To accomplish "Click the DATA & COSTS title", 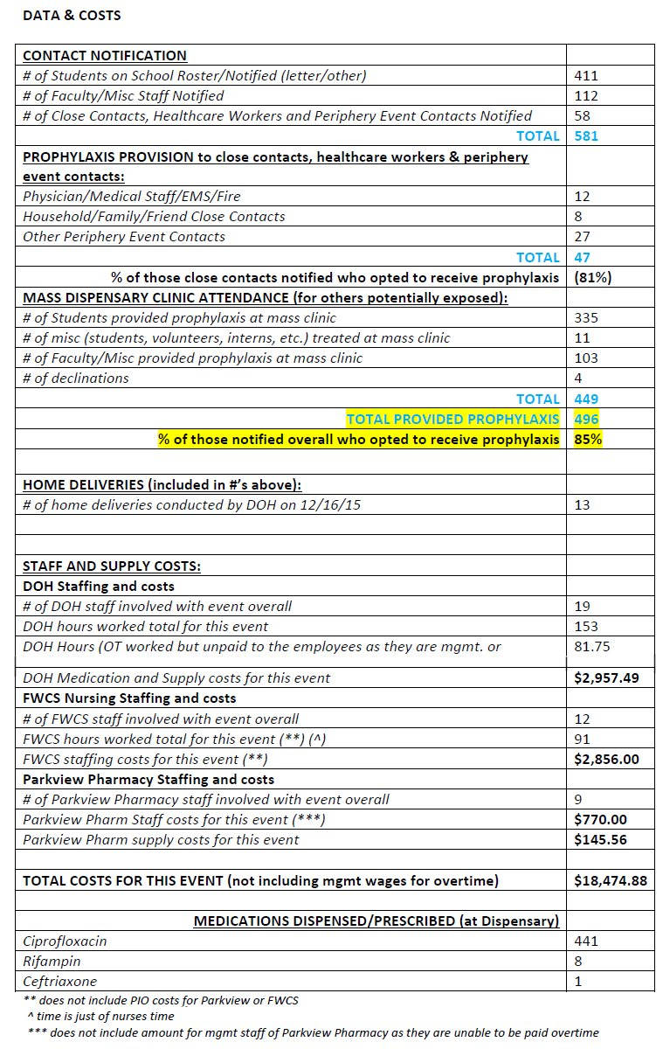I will [72, 16].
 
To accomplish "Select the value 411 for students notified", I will [586, 76].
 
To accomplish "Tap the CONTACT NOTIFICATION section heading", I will [105, 56].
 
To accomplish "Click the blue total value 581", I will [586, 136].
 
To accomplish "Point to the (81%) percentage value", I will [591, 278].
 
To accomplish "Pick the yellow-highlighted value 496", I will [587, 420].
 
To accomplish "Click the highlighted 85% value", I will [588, 440].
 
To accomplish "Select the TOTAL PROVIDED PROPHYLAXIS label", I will [452, 420].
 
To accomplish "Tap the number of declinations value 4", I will [578, 379].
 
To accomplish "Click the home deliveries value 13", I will [583, 505].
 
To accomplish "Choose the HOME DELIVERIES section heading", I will [162, 485].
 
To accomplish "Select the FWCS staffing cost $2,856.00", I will [606, 760].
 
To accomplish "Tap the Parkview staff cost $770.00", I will [600, 820].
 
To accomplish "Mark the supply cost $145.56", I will [600, 840].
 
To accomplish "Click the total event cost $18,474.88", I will [611, 881].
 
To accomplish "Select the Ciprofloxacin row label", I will [65, 941].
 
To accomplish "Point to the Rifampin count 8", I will [578, 962].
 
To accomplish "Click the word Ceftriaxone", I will [60, 982].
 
